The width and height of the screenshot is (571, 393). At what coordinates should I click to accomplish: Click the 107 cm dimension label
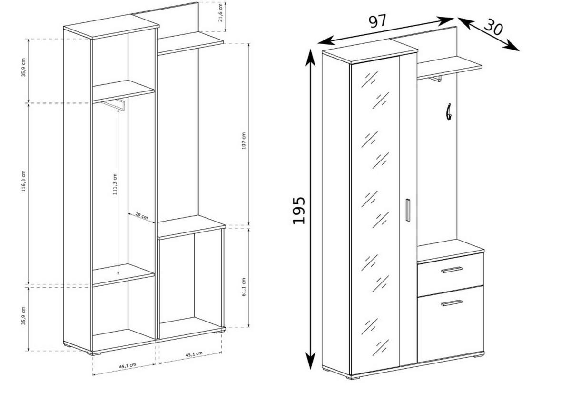pyautogui.click(x=243, y=141)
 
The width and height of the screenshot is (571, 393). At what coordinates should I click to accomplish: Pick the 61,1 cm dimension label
pyautogui.click(x=244, y=287)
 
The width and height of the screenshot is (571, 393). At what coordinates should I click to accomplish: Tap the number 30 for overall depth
pyautogui.click(x=493, y=28)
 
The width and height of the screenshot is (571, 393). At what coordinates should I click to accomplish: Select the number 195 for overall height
pyautogui.click(x=299, y=210)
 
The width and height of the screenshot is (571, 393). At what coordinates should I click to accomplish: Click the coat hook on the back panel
pyautogui.click(x=448, y=112)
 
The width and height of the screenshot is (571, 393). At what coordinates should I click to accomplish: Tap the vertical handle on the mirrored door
pyautogui.click(x=408, y=210)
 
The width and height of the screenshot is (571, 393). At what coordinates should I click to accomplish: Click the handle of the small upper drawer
pyautogui.click(x=452, y=270)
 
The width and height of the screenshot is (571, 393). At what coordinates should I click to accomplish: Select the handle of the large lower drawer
pyautogui.click(x=452, y=302)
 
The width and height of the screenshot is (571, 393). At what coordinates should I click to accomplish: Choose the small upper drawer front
pyautogui.click(x=450, y=275)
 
